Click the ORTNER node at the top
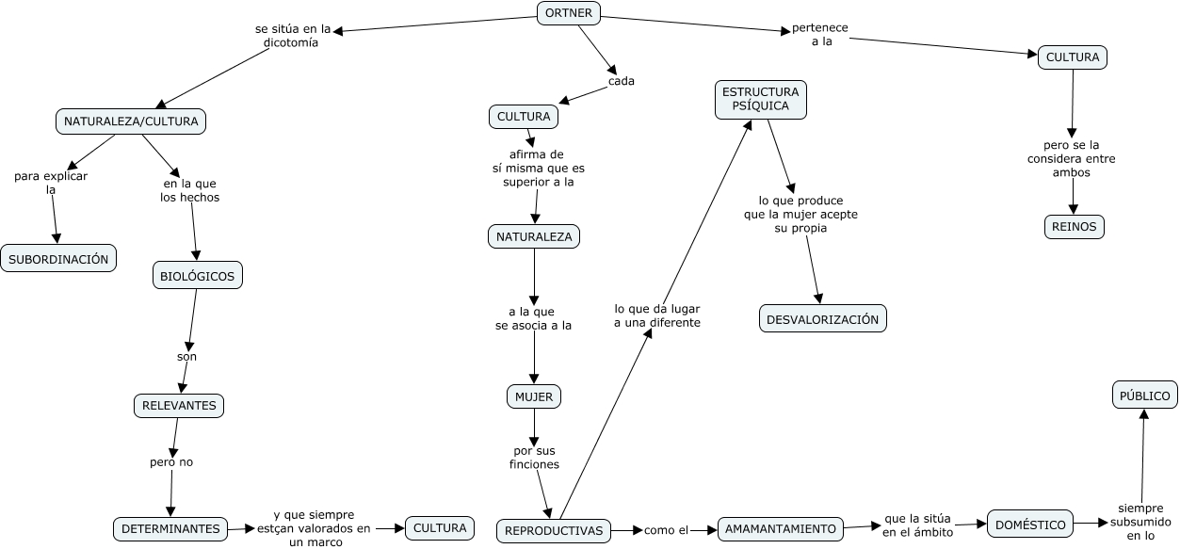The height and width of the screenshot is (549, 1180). tap(568, 13)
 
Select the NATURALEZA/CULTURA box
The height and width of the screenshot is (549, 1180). tap(131, 121)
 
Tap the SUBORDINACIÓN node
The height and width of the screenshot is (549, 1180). tap(58, 259)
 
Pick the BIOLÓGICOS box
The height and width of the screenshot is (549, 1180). tap(198, 275)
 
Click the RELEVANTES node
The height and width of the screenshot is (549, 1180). tap(179, 406)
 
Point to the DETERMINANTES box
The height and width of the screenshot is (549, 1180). tap(170, 529)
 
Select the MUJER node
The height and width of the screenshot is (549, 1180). tap(534, 397)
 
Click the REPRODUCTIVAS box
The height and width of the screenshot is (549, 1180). tap(554, 531)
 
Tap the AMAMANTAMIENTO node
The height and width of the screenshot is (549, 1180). tap(781, 529)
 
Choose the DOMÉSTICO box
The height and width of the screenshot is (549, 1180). tap(1030, 525)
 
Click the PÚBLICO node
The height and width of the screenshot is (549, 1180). tap(1144, 396)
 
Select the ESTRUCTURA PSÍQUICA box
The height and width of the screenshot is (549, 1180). tap(760, 100)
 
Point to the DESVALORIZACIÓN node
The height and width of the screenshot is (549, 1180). tap(822, 319)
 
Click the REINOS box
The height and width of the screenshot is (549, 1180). tap(1074, 227)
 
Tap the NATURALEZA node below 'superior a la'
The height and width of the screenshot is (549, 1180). tap(534, 236)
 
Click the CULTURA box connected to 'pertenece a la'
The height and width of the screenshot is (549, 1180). tap(1072, 57)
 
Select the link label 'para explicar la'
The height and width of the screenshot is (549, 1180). tap(51, 183)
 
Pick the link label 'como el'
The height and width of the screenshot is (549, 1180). tap(666, 530)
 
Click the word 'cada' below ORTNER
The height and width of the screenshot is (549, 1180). tap(621, 81)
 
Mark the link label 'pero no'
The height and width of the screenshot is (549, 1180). tap(171, 462)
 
